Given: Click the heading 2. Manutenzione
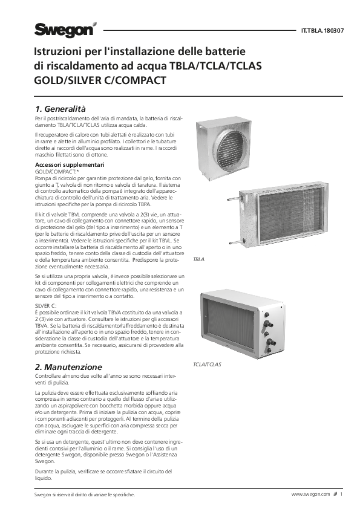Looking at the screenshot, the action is coord(68,367).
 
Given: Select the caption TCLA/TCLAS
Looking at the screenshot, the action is coord(207,365).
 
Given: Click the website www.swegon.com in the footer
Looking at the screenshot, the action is coord(311,494).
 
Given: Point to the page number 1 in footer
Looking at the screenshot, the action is coord(341,494).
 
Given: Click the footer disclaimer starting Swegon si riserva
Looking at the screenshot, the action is coord(84,494).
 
